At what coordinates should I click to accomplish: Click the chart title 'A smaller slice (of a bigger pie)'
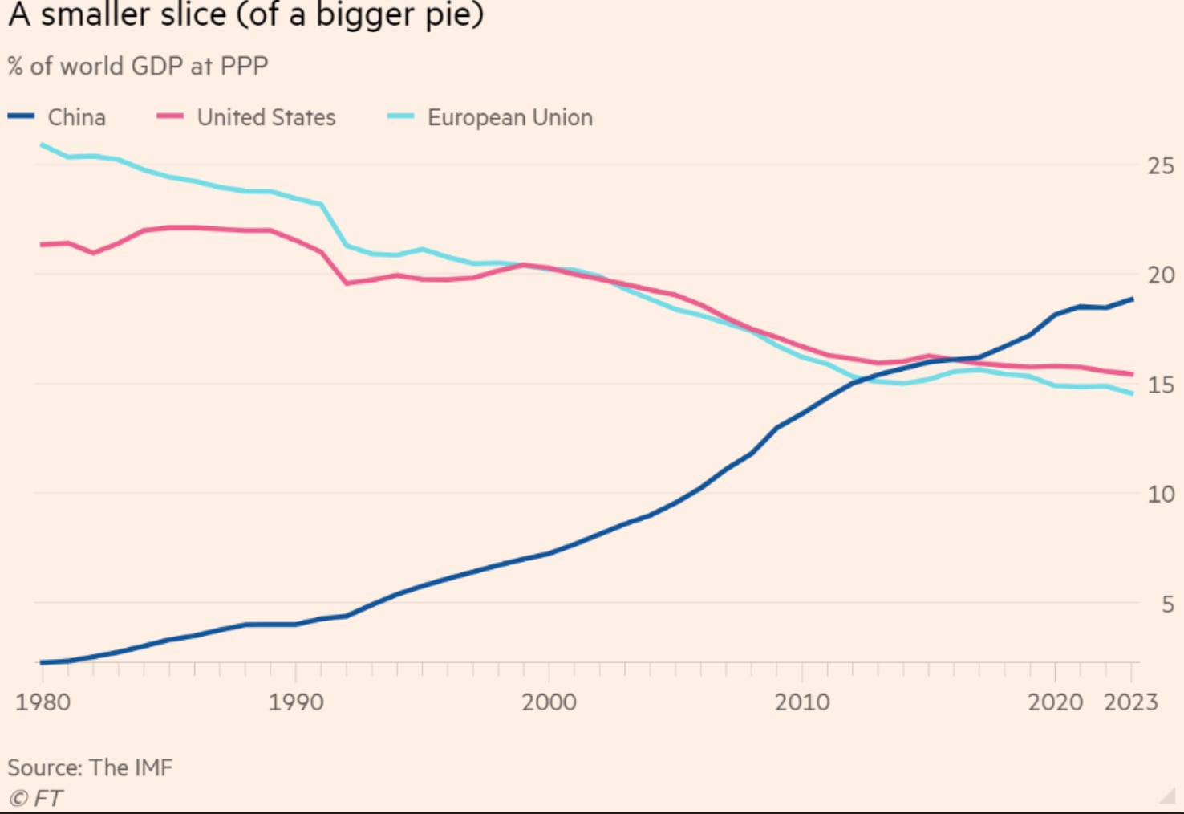245,16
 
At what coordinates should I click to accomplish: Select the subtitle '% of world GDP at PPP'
138,66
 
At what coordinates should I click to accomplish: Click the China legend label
76,117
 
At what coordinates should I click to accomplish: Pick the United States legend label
266,117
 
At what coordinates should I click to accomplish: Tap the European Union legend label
509,117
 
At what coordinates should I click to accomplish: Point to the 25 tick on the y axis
1161,166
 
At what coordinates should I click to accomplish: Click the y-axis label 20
1161,275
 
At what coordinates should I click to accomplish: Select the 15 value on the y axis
1161,385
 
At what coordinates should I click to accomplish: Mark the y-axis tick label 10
1161,495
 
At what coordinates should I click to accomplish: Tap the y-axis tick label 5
1168,604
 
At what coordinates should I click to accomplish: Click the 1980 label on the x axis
43,702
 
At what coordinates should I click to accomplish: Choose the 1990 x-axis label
296,702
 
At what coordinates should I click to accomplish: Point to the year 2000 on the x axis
549,702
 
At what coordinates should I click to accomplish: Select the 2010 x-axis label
802,702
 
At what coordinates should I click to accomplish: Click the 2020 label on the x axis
1055,702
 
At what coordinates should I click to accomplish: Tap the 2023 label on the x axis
1131,702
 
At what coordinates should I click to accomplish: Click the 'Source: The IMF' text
90,767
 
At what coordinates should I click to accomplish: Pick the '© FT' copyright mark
35,798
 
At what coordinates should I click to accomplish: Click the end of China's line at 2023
1132,299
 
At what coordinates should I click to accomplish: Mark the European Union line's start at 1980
42,144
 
